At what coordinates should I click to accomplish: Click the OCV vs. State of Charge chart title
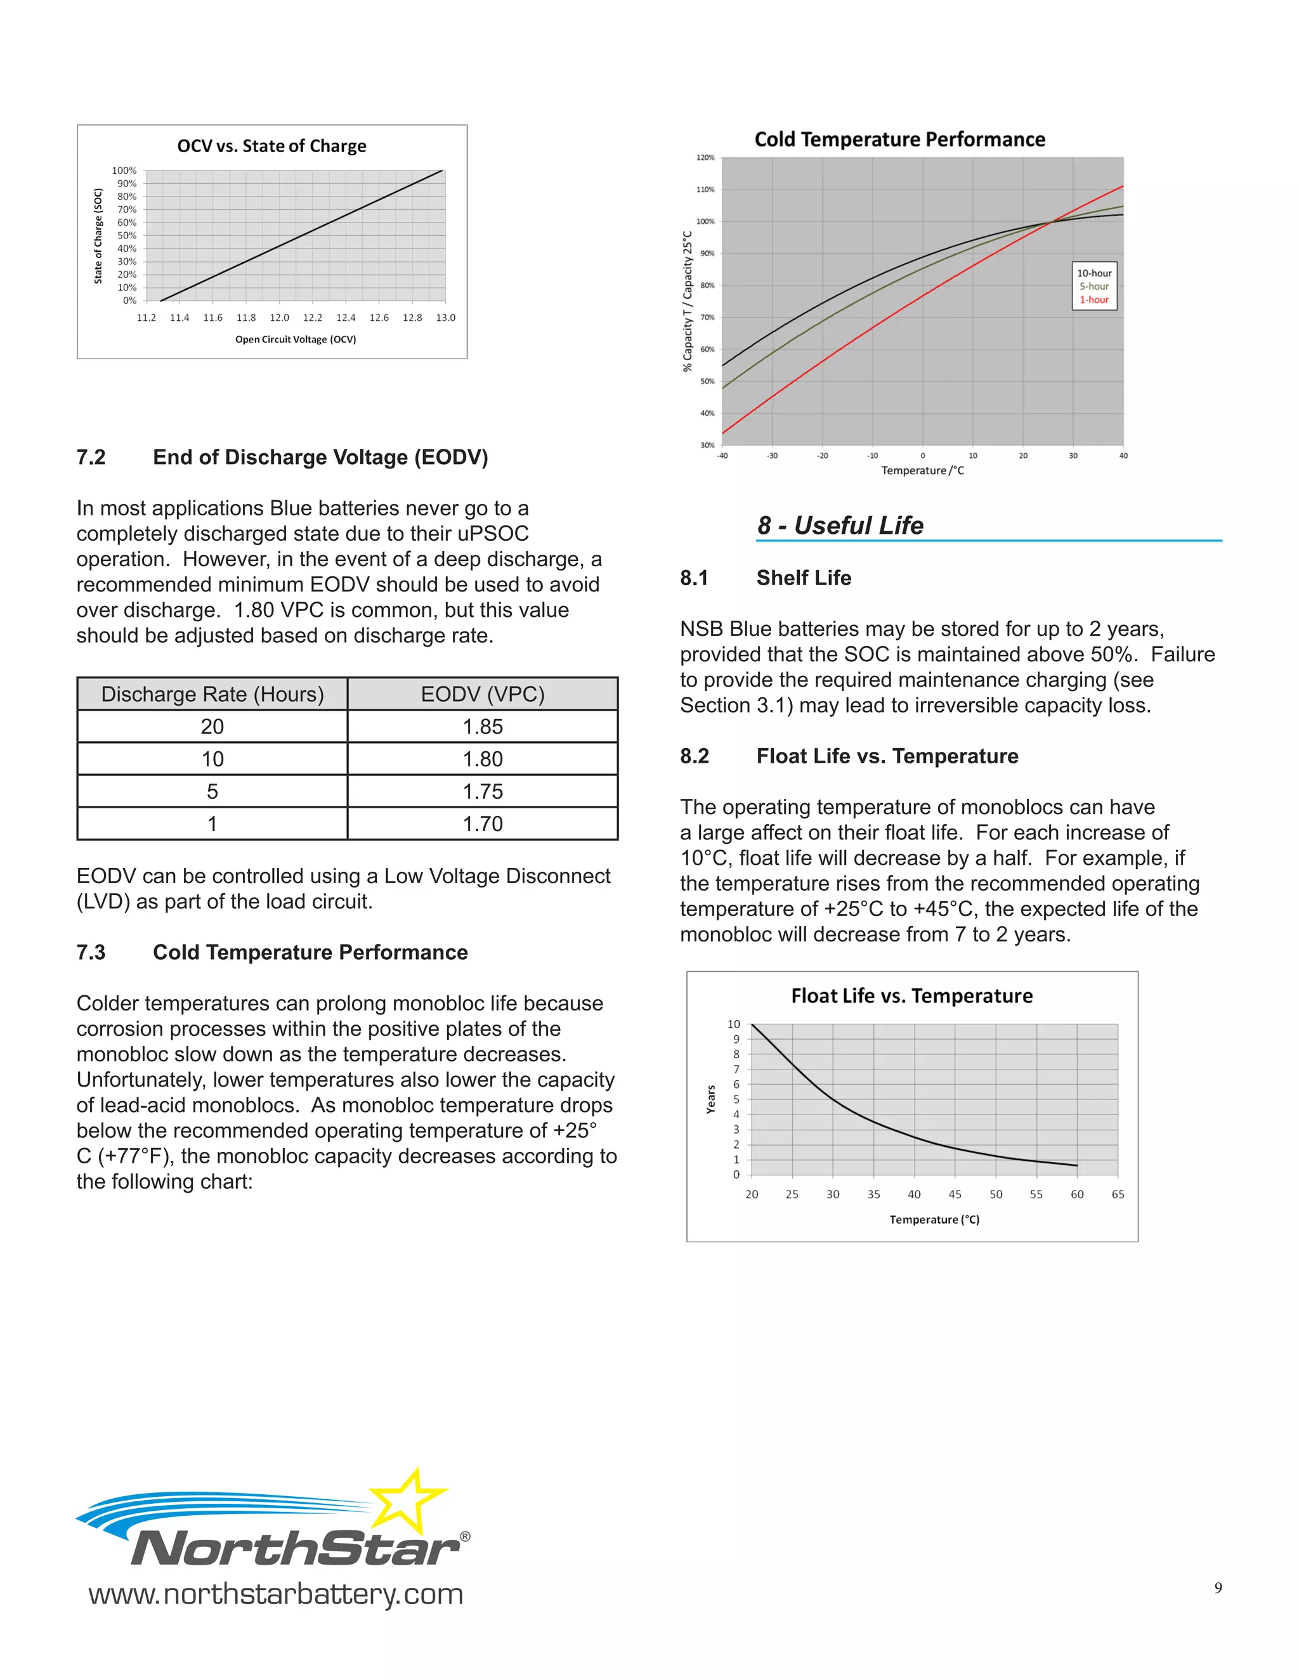point(271,146)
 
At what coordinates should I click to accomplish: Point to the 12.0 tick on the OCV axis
point(279,318)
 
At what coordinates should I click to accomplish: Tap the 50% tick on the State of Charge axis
point(127,235)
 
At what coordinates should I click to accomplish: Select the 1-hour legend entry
point(1093,300)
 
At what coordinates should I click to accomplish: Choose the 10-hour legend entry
point(1093,273)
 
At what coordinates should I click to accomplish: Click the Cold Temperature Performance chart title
point(899,139)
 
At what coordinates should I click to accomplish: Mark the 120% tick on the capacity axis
point(705,158)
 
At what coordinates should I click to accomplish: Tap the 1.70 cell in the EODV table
point(483,824)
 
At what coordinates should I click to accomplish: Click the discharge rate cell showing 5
point(212,792)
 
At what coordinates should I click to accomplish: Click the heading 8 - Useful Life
point(840,526)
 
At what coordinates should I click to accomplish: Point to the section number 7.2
point(91,457)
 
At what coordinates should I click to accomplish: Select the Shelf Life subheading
point(804,578)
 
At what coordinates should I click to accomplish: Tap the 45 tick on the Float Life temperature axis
point(954,1194)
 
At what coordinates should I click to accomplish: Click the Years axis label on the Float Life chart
point(711,1099)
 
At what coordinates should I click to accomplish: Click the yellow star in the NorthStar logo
point(408,1501)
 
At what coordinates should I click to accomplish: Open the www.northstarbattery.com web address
point(275,1593)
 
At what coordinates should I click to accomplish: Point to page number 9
point(1217,1589)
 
